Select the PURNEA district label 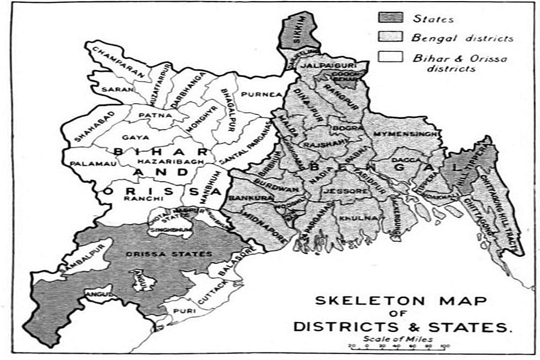click(x=262, y=94)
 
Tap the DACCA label click(x=406, y=160)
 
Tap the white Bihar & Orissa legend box click(x=390, y=57)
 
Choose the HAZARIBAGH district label click(x=162, y=161)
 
